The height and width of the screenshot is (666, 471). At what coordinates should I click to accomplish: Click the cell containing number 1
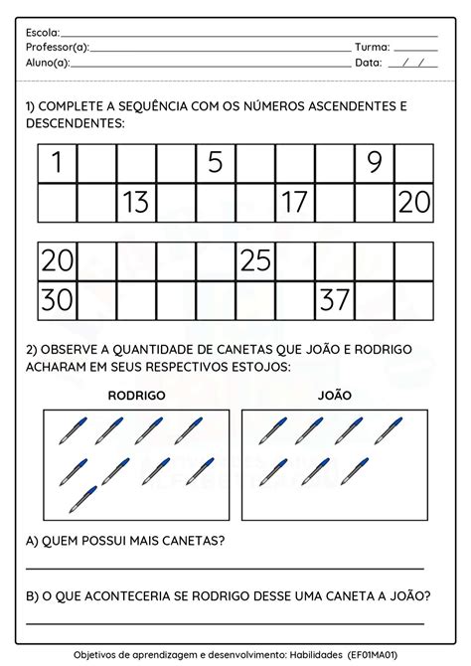[57, 163]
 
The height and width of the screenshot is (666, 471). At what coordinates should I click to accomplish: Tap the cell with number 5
[216, 163]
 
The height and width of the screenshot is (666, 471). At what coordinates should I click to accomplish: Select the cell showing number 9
[375, 163]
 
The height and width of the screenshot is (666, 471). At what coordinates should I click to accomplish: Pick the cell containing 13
[136, 203]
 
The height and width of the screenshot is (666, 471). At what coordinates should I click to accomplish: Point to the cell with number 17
[295, 203]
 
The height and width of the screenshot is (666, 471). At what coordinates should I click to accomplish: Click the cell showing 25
[255, 260]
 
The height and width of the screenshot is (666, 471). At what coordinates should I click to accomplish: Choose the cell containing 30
[57, 299]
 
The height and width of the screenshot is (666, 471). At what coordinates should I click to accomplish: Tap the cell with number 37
[335, 299]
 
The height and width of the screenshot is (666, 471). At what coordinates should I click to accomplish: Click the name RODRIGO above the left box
[136, 395]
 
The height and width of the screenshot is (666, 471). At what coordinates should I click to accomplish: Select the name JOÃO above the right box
[335, 395]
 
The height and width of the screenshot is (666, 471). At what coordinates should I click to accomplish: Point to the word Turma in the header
[373, 47]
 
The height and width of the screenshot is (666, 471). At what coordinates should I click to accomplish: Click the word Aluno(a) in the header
[48, 62]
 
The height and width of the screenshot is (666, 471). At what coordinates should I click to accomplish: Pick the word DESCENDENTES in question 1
[75, 123]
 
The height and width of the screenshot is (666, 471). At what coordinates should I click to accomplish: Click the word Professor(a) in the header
[58, 47]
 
